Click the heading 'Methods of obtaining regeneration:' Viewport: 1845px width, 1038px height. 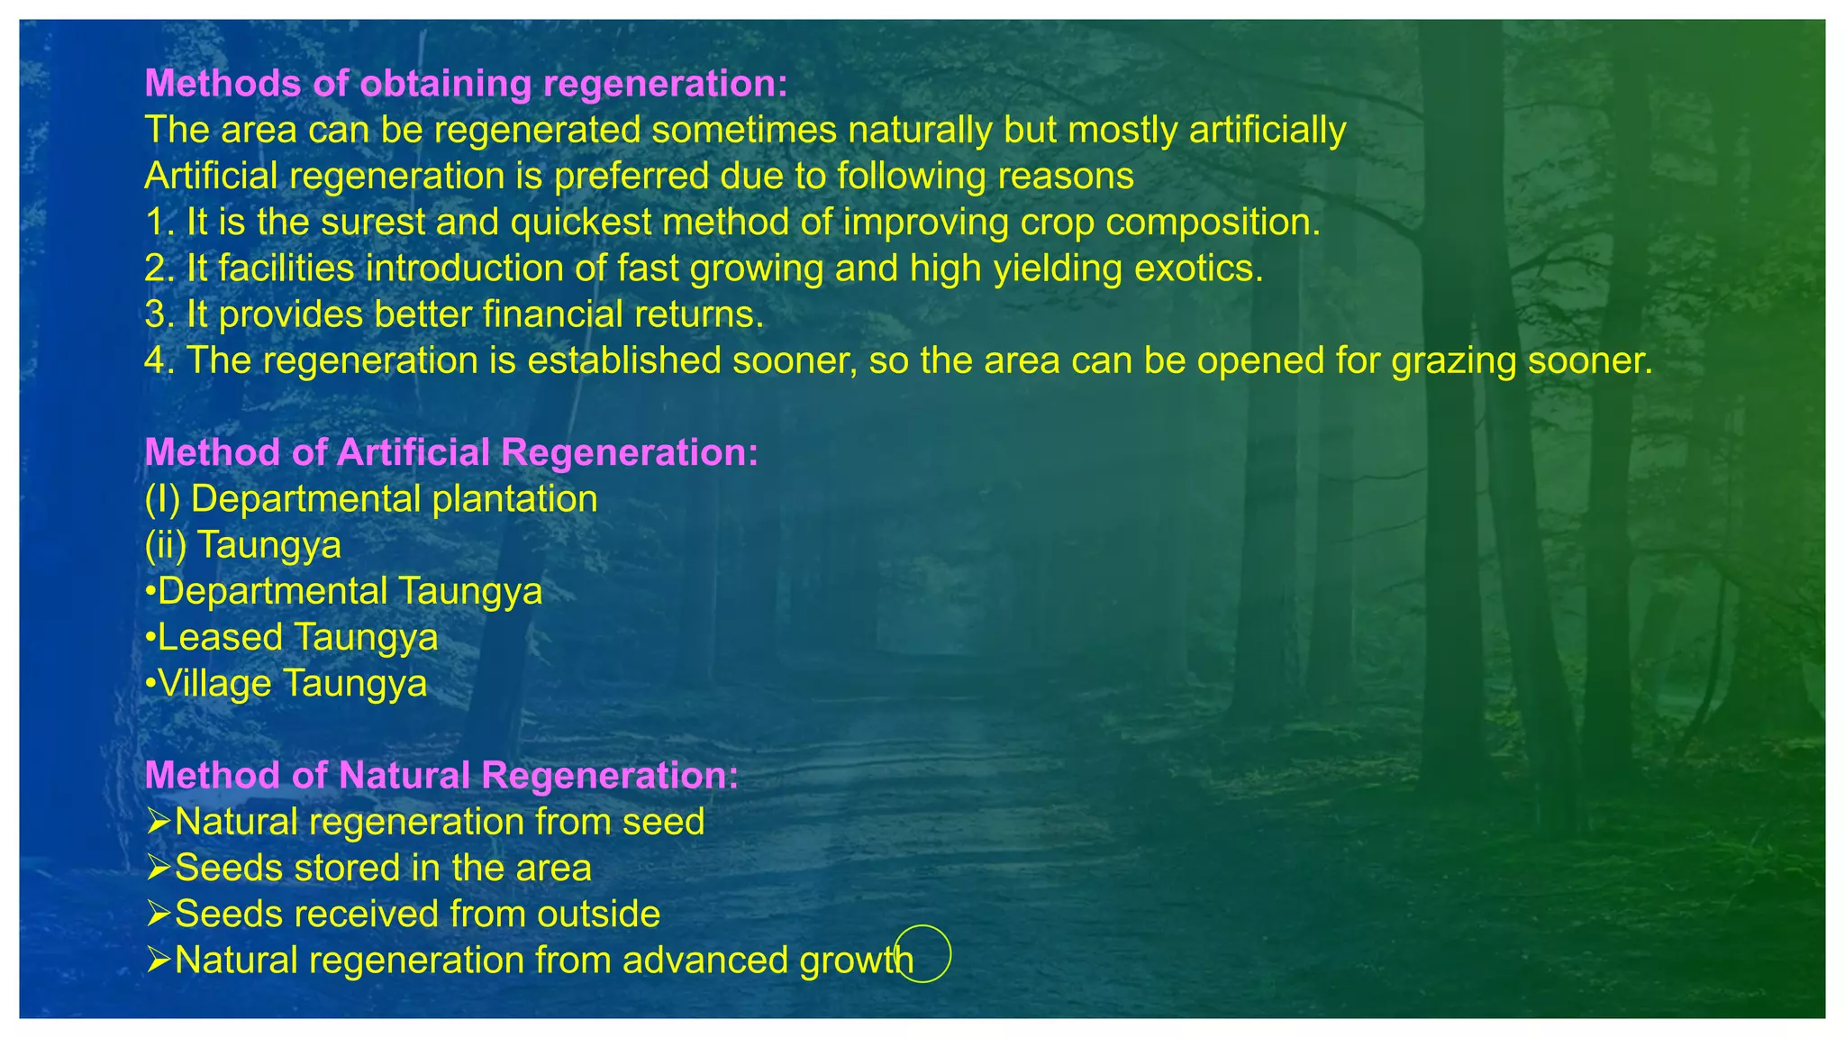tap(466, 84)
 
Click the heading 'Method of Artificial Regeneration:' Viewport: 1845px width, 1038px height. tap(450, 452)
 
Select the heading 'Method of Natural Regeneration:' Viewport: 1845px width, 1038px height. tap(441, 775)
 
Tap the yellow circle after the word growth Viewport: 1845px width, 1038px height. tap(922, 953)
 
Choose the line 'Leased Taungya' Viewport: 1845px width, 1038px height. tap(292, 637)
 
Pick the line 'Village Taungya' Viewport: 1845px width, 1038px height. tap(286, 683)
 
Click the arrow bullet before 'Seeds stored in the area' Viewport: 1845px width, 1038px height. tap(158, 868)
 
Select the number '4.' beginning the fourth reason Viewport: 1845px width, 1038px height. tap(159, 360)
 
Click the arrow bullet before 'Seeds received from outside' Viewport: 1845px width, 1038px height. tap(158, 914)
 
